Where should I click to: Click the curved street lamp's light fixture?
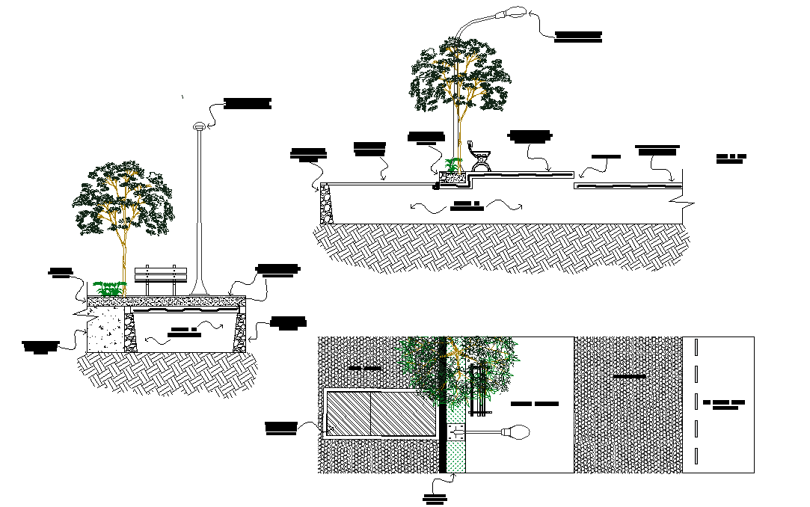pos(514,13)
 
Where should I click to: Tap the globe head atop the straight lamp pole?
pos(198,126)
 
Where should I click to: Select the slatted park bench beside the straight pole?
pos(160,277)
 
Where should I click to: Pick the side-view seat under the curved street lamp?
pos(479,155)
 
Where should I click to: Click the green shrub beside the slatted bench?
pos(109,288)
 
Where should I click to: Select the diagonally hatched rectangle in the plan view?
pos(381,413)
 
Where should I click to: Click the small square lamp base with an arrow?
pos(457,433)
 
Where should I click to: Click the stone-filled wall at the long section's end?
pos(325,203)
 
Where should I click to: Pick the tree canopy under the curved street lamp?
pos(458,75)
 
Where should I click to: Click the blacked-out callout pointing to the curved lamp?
pos(578,36)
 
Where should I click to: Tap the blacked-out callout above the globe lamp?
pos(247,103)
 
